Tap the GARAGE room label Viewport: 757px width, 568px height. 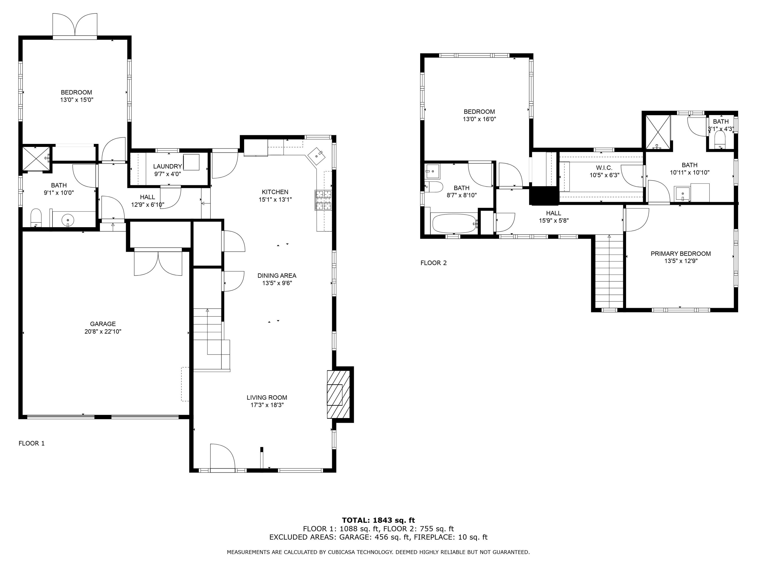point(103,324)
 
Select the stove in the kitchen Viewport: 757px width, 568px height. point(323,200)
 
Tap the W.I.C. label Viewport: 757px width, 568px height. point(604,168)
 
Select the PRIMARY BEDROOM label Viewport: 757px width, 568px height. point(680,254)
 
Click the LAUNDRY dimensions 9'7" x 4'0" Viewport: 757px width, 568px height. point(167,174)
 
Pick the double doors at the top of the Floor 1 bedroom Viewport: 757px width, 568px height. point(75,26)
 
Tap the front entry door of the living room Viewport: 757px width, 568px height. point(223,457)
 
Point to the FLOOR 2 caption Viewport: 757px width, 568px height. point(433,263)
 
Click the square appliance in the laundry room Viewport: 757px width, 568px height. point(191,162)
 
